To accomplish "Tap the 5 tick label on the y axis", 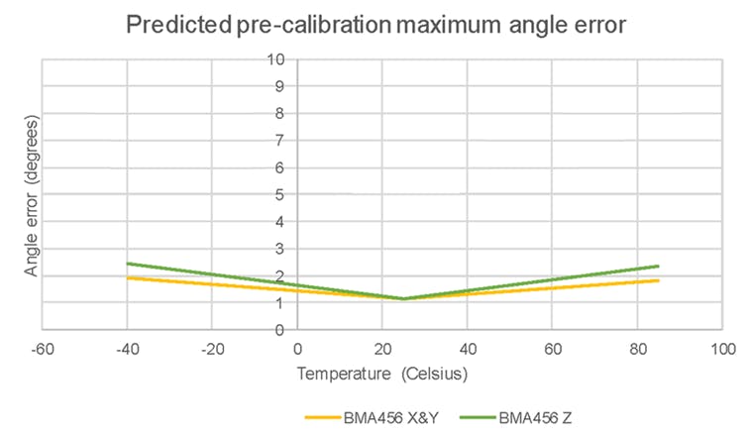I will tap(280, 194).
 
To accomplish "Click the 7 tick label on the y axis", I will tap(280, 141).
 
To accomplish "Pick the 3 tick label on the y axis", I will tap(280, 249).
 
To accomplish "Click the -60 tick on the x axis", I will tap(43, 349).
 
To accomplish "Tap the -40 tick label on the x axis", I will tap(128, 349).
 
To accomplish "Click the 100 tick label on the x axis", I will tap(723, 349).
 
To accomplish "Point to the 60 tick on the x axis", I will tap(553, 349).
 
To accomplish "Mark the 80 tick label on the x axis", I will tap(638, 349).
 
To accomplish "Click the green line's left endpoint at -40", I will tap(128, 264).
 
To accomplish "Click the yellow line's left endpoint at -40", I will tap(128, 277).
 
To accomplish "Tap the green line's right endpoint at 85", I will tap(659, 266).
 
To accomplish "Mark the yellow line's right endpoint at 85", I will tap(659, 280).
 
